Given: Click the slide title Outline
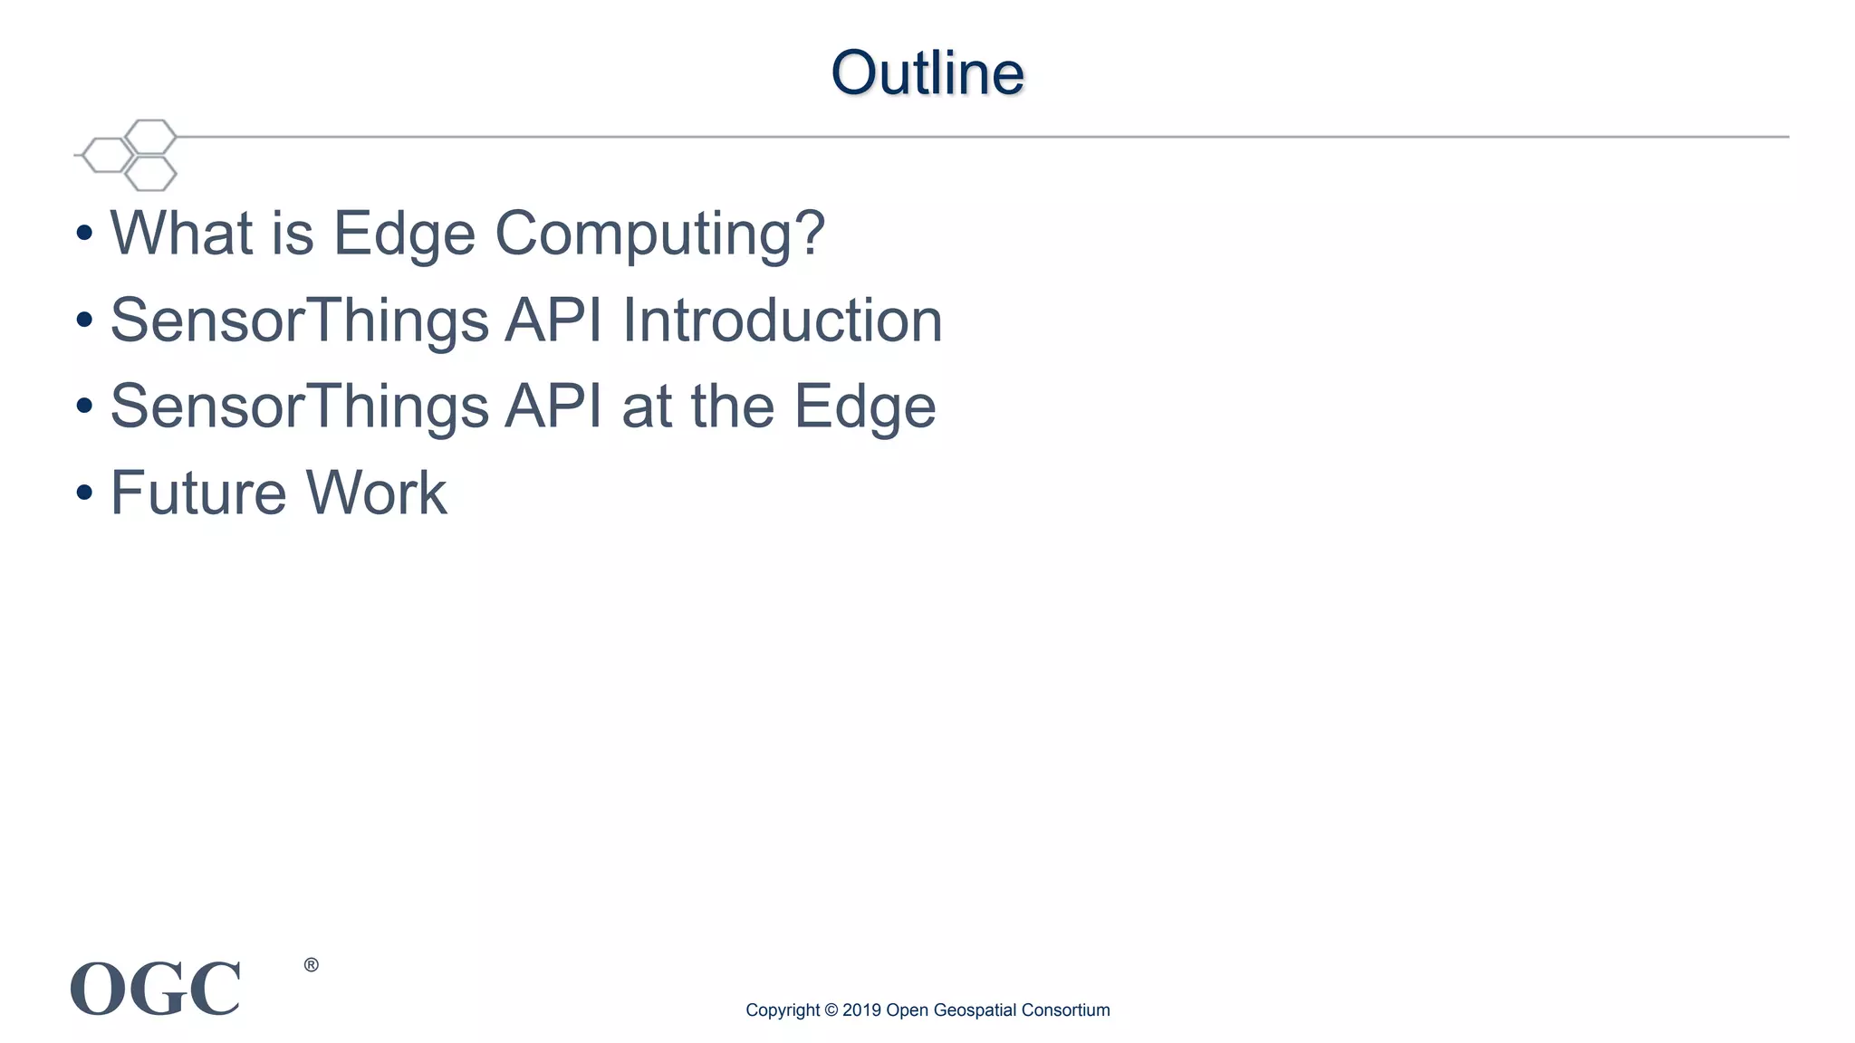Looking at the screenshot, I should (927, 72).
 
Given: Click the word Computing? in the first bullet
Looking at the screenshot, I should (659, 234).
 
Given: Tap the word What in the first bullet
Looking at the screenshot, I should (181, 233).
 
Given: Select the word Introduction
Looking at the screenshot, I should (782, 320).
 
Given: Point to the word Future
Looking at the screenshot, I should (197, 493).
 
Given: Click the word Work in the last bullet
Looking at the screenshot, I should (376, 493).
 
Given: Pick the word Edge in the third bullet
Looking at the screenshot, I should (865, 407).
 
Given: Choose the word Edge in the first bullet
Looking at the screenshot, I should (403, 234).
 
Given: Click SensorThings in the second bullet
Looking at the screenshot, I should (299, 321).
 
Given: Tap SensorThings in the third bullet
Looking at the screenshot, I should (299, 407).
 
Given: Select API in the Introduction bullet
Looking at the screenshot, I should (553, 320).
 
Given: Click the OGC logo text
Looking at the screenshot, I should (156, 989).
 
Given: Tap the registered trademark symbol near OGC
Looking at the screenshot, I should (311, 965).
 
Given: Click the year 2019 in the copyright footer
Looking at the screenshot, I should (861, 1010).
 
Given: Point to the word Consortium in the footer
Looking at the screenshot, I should (1065, 1010).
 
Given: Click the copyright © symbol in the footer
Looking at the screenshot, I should (831, 1010).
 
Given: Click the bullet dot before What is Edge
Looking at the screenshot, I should (84, 234).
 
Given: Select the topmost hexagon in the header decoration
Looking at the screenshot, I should (150, 137).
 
